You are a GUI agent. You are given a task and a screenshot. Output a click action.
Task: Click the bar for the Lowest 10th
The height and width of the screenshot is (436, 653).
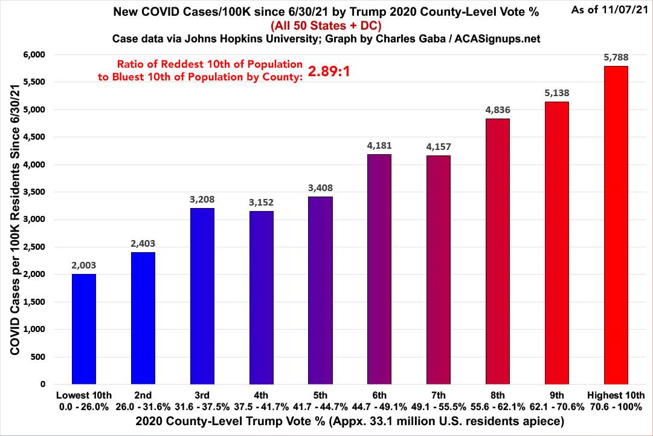[83, 328]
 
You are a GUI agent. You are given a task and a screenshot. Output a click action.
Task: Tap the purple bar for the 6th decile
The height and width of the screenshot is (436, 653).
[379, 268]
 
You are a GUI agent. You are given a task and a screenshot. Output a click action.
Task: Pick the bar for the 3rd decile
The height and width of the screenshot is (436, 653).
[201, 296]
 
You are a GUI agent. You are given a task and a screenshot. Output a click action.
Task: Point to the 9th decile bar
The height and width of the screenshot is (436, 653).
[556, 242]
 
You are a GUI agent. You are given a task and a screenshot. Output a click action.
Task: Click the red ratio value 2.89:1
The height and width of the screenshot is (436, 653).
[329, 71]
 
